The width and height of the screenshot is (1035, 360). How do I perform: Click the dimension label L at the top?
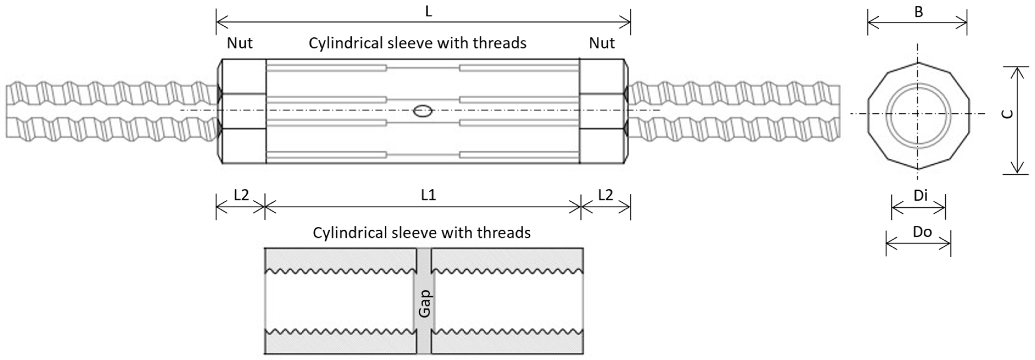click(428, 12)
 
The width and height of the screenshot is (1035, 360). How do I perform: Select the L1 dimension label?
click(428, 195)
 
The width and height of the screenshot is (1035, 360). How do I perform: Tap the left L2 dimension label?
click(241, 195)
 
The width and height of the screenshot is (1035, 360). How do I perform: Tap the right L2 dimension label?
click(605, 195)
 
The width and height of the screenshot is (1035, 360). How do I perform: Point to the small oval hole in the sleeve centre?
click(423, 111)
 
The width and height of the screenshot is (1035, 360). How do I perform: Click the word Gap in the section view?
click(424, 303)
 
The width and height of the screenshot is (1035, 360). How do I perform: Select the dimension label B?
click(918, 12)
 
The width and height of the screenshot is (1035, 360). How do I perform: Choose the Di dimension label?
click(921, 196)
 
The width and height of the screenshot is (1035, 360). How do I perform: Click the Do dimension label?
click(922, 232)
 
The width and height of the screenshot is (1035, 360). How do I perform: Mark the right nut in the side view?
click(602, 111)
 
